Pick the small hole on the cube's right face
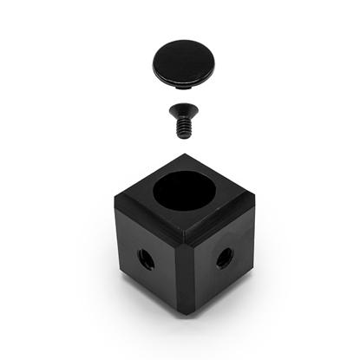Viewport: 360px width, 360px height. pyautogui.click(x=224, y=258)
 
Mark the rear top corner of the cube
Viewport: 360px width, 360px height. pyautogui.click(x=183, y=156)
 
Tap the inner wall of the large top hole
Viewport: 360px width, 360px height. pyautogui.click(x=186, y=185)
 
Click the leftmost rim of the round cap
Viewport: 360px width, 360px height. pyautogui.click(x=154, y=63)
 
